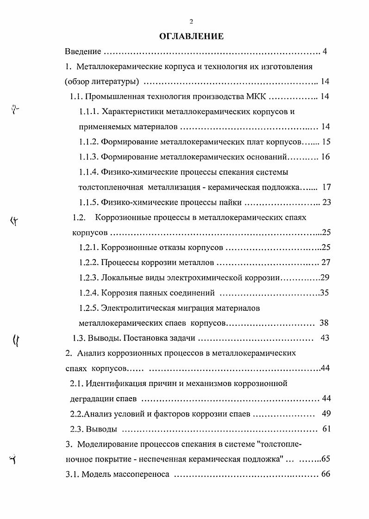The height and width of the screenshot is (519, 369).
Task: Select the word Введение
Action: pyautogui.click(x=83, y=51)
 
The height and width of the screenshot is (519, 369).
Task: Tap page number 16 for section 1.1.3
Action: pyautogui.click(x=325, y=157)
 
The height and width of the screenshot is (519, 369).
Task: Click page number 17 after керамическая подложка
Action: pyautogui.click(x=326, y=187)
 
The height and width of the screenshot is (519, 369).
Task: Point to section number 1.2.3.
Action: pyautogui.click(x=88, y=278)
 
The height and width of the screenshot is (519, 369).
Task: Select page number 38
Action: pyautogui.click(x=324, y=323)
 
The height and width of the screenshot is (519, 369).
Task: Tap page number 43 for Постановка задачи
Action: pyautogui.click(x=325, y=338)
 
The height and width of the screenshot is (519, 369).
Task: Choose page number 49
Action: pyautogui.click(x=325, y=413)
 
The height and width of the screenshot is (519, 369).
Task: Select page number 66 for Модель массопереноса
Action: pyautogui.click(x=325, y=474)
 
